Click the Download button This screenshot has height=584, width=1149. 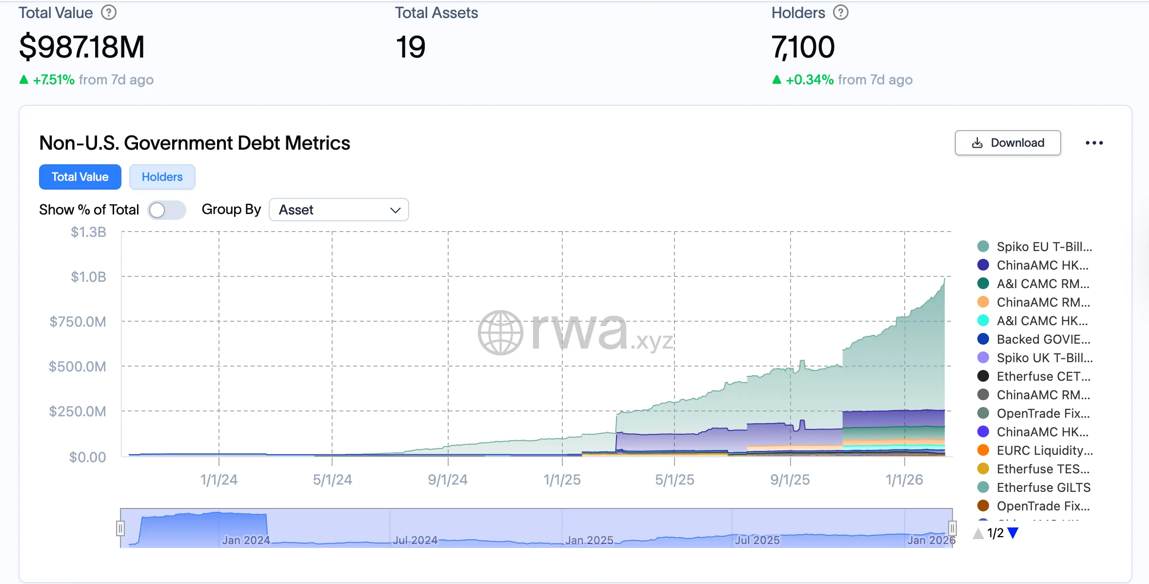pyautogui.click(x=1008, y=143)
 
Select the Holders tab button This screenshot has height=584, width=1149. pyautogui.click(x=162, y=177)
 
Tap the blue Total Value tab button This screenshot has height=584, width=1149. pyautogui.click(x=80, y=177)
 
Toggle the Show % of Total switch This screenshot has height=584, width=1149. pyautogui.click(x=166, y=210)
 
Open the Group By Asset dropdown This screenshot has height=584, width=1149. pyautogui.click(x=338, y=210)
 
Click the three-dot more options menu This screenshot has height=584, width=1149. pyautogui.click(x=1094, y=143)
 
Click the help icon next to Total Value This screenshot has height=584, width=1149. pyautogui.click(x=109, y=13)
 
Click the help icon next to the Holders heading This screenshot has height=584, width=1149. pyautogui.click(x=840, y=13)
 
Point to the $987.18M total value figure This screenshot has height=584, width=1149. pyautogui.click(x=82, y=47)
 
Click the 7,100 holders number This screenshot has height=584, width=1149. pyautogui.click(x=803, y=47)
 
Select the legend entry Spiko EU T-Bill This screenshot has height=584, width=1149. pyautogui.click(x=1044, y=247)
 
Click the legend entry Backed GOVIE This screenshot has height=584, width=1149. pyautogui.click(x=1043, y=339)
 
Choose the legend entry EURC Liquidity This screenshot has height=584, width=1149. pyautogui.click(x=1044, y=450)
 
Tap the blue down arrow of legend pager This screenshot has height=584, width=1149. pyautogui.click(x=1013, y=533)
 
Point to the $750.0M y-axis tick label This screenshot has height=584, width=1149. pyautogui.click(x=78, y=322)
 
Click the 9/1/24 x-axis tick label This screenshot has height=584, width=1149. pyautogui.click(x=447, y=480)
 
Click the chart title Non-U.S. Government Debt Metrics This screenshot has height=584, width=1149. pyautogui.click(x=195, y=143)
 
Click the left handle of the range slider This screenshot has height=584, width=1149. pyautogui.click(x=120, y=528)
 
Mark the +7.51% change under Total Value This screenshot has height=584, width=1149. pyautogui.click(x=53, y=80)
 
